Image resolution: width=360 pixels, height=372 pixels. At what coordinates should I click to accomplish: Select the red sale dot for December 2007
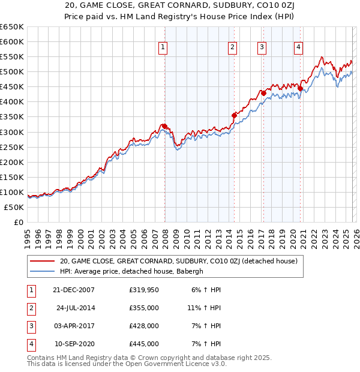point(164,126)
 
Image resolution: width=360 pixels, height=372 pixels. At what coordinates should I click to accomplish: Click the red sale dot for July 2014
point(235,115)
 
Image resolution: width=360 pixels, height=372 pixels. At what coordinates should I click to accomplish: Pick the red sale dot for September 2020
point(300,88)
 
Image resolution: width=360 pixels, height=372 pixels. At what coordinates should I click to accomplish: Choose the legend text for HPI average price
point(132,271)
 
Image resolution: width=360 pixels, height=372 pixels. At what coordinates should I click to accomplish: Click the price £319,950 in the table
point(144,290)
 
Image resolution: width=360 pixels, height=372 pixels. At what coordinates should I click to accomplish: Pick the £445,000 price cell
point(144,344)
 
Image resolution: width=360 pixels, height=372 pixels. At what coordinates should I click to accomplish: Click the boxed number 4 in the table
point(29,344)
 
